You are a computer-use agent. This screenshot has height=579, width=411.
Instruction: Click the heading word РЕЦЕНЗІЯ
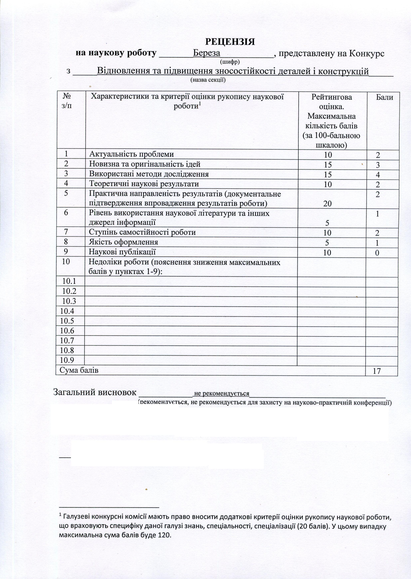click(x=230, y=42)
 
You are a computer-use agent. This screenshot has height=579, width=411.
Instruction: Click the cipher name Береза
click(x=207, y=53)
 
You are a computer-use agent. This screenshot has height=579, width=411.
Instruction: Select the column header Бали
click(x=384, y=97)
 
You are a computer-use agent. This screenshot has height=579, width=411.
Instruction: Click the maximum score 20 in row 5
click(x=327, y=204)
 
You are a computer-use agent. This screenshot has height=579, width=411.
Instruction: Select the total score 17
click(x=377, y=371)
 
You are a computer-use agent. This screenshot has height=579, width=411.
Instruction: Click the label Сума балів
click(x=79, y=370)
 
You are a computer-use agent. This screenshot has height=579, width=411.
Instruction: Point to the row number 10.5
click(x=67, y=321)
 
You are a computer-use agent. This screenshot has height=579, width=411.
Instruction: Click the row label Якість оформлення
click(x=124, y=242)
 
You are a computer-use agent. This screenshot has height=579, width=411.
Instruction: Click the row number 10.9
click(x=67, y=360)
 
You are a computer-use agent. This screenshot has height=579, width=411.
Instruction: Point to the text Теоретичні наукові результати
click(x=144, y=184)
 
